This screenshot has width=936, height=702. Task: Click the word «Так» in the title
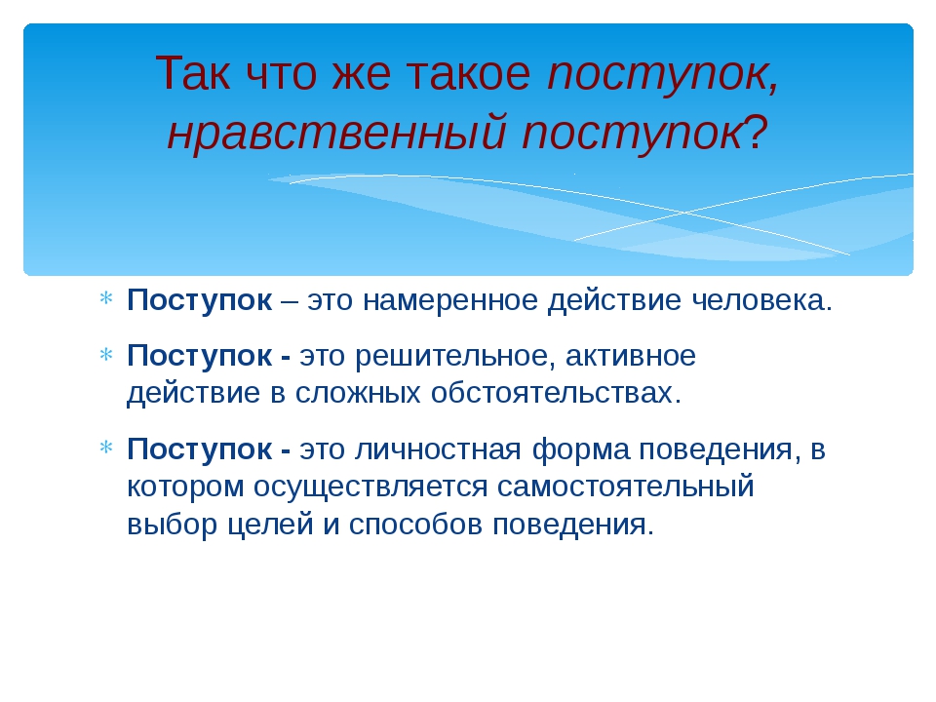point(193,73)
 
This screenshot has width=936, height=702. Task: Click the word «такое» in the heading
point(468,74)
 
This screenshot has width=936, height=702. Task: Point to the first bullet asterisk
point(105,298)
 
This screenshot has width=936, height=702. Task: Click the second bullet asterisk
point(105,355)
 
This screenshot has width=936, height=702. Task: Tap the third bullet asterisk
point(105,448)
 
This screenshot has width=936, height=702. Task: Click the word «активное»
point(631,357)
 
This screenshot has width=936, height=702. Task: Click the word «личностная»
point(438,449)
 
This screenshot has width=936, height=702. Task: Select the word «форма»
point(580,448)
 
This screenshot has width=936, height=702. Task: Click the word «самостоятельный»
point(626,487)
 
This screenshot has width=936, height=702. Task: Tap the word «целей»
point(271,526)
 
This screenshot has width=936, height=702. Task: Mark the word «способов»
point(415,524)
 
